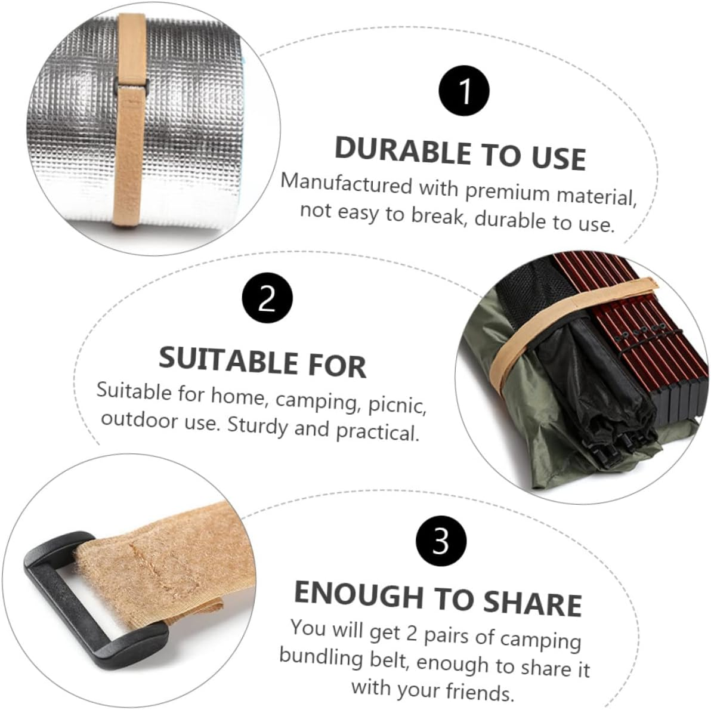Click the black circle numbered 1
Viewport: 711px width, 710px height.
click(x=463, y=91)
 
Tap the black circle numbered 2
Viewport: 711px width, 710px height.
click(x=267, y=298)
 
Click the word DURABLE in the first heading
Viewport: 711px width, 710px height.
click(x=403, y=149)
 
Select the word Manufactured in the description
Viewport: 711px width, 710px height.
click(x=346, y=183)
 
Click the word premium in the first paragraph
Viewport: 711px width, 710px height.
click(x=506, y=192)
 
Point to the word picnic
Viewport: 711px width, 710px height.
click(x=396, y=406)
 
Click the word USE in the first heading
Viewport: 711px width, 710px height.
click(x=558, y=158)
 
